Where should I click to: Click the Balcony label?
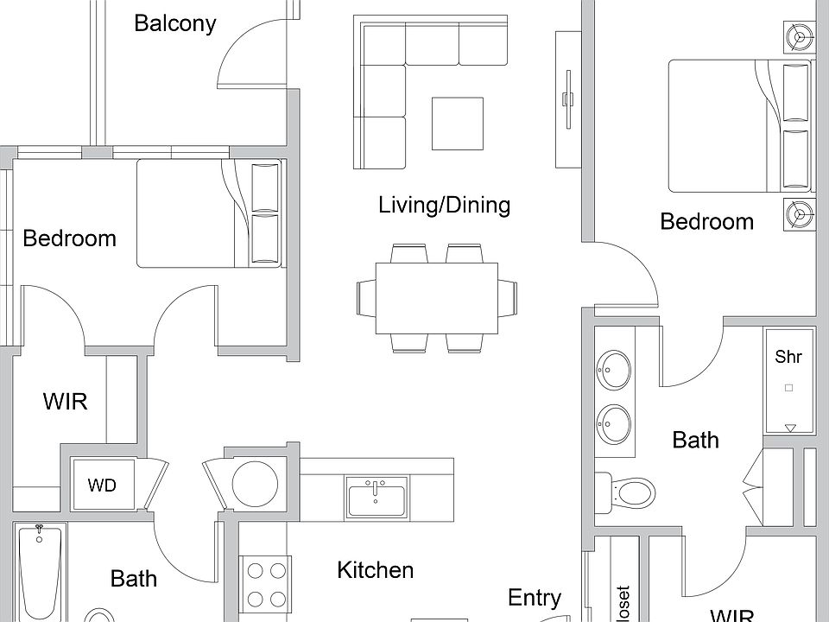[x=174, y=23]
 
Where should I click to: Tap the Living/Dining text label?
[x=444, y=206]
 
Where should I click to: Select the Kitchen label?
[x=375, y=570]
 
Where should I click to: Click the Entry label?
[x=534, y=598]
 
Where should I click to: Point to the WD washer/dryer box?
[x=102, y=486]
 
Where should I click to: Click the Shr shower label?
[x=788, y=357]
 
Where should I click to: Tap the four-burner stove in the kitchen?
[x=267, y=585]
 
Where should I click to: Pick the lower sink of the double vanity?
[x=613, y=423]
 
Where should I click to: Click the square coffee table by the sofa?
[x=457, y=124]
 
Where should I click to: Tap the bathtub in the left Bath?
[x=38, y=574]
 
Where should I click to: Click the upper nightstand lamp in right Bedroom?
[x=798, y=38]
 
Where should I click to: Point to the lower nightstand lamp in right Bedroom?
[x=798, y=213]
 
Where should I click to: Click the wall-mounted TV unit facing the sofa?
[x=567, y=99]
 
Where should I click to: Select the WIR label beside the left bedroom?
[x=65, y=402]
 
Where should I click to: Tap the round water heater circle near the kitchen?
[x=255, y=482]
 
